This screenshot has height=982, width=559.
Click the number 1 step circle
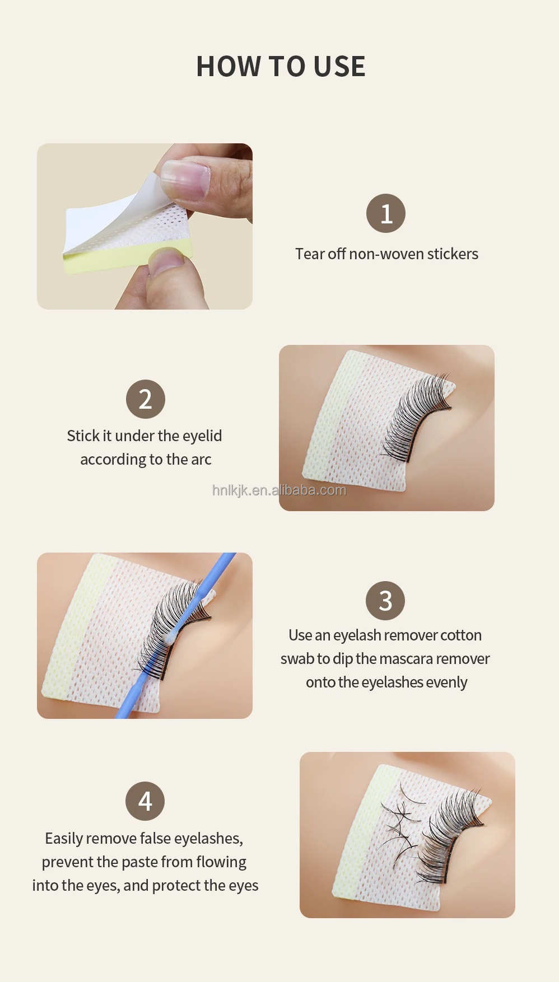pyautogui.click(x=386, y=213)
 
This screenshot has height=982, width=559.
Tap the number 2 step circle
pyautogui.click(x=146, y=399)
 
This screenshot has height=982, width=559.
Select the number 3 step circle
pyautogui.click(x=385, y=601)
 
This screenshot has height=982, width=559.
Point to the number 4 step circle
pyautogui.click(x=145, y=801)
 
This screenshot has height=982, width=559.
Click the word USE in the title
pyautogui.click(x=339, y=67)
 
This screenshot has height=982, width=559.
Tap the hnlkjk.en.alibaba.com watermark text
pyautogui.click(x=279, y=490)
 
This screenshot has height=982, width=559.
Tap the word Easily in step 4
pyautogui.click(x=64, y=839)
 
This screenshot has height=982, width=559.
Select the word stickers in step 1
pyautogui.click(x=453, y=254)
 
